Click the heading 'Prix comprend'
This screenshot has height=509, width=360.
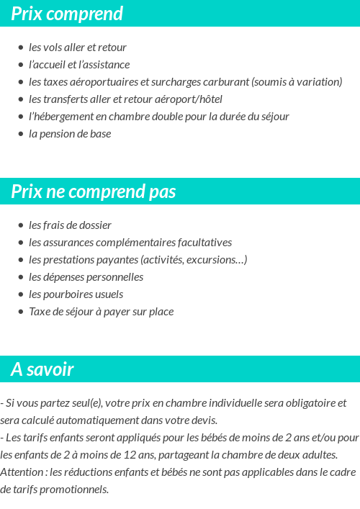point(67,14)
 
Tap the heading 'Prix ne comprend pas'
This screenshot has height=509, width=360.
point(94,192)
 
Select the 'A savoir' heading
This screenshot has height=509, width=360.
point(42,369)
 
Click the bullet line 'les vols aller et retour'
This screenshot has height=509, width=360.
point(78,48)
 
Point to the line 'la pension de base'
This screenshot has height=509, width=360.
point(70,134)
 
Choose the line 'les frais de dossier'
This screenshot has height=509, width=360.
point(70,225)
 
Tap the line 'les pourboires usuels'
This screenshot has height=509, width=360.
point(76,294)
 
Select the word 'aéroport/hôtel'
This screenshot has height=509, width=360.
point(189,99)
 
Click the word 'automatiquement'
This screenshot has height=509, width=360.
point(108,420)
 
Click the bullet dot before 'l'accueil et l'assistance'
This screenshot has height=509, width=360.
point(20,65)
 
